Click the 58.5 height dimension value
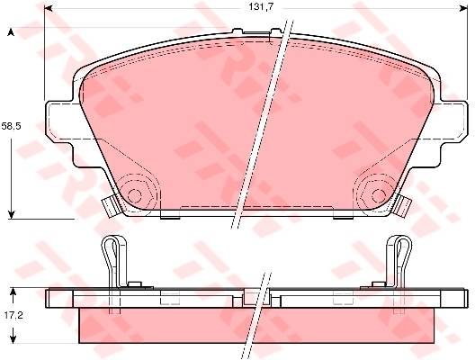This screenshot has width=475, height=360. [x=11, y=126]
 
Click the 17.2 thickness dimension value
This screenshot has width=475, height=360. [x=13, y=316]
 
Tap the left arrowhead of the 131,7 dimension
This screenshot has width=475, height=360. [x=49, y=8]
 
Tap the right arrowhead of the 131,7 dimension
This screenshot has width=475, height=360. [x=463, y=8]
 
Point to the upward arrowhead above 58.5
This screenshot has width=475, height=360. [x=11, y=32]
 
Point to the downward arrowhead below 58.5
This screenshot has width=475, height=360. [x=11, y=214]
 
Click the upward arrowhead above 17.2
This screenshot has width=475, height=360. [x=13, y=292]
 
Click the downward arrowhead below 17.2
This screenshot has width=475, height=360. [x=13, y=339]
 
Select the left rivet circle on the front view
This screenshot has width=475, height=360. [x=135, y=196]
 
